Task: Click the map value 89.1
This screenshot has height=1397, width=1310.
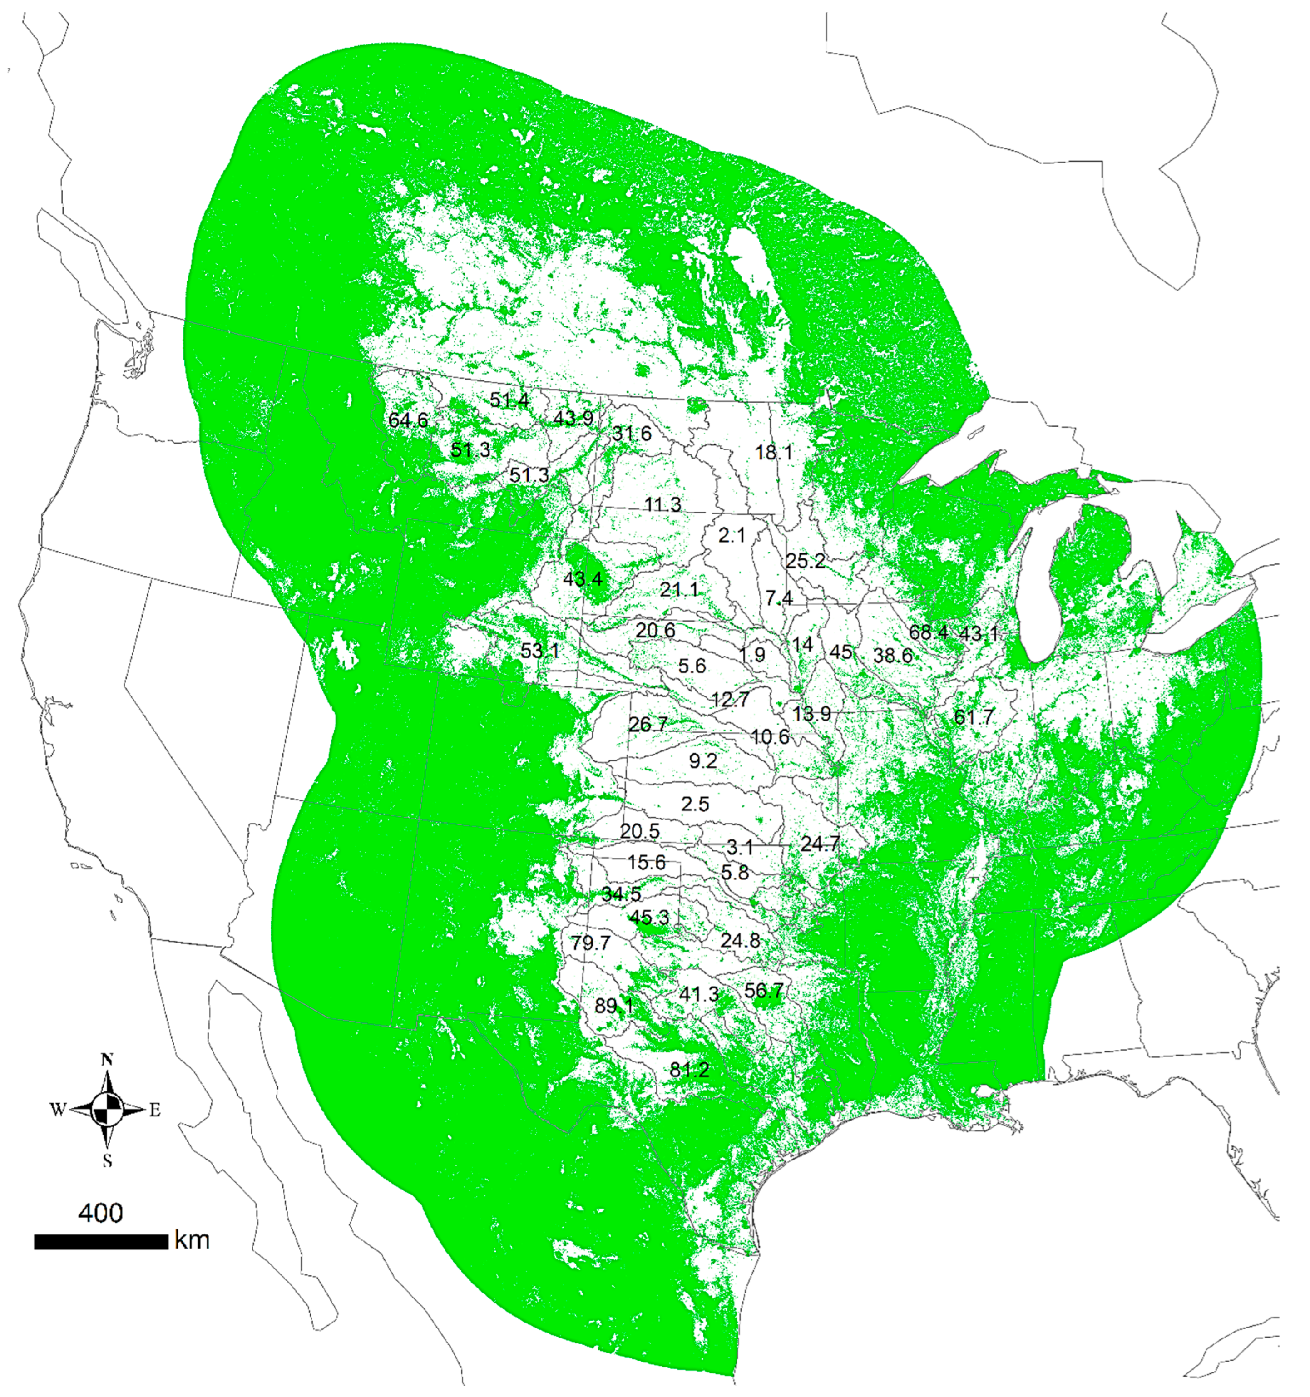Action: [613, 1006]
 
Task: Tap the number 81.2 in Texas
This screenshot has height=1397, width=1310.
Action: [689, 1070]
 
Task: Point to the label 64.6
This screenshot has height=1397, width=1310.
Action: [408, 420]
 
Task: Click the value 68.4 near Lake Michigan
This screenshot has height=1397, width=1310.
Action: [929, 632]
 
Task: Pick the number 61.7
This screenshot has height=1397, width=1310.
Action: [974, 717]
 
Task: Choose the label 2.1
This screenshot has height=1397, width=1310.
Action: [732, 535]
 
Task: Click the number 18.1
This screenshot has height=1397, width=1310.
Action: [774, 452]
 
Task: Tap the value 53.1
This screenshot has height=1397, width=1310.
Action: [540, 651]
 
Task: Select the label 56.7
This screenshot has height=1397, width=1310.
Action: [763, 991]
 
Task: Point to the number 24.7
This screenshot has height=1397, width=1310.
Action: [820, 843]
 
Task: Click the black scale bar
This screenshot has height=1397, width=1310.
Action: [101, 1242]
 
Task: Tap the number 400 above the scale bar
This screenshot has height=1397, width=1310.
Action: [100, 1213]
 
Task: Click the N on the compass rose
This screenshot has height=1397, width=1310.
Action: [107, 1060]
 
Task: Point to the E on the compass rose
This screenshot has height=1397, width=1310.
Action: [155, 1111]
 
